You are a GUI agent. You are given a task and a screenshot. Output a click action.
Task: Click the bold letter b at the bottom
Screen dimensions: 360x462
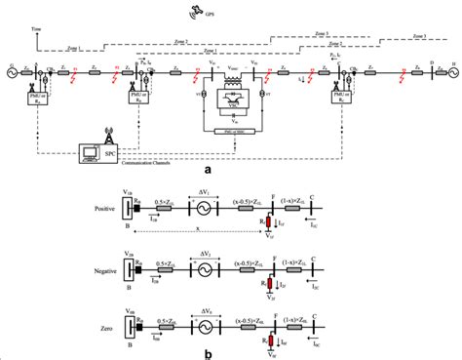pos(234,353)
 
